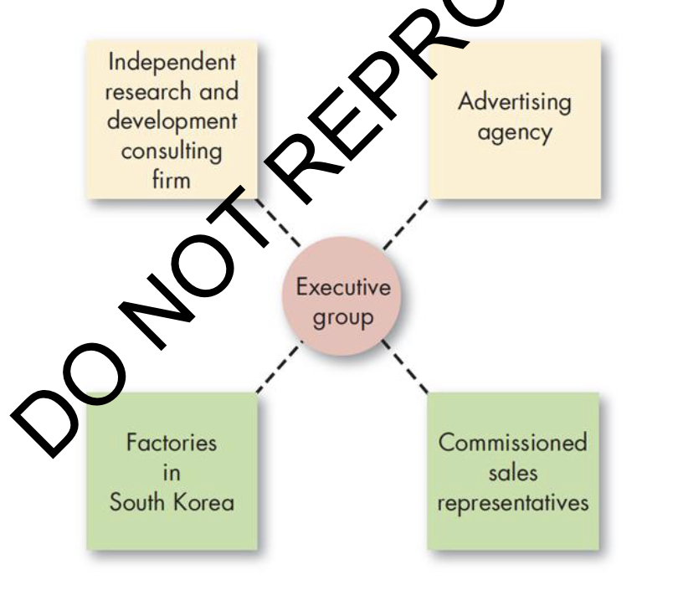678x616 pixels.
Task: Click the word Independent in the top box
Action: [172, 62]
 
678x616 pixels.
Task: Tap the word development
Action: [172, 121]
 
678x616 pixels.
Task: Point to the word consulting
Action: [172, 151]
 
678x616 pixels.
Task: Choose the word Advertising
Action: [514, 103]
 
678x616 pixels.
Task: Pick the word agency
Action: [515, 133]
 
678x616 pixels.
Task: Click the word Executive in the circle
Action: [343, 288]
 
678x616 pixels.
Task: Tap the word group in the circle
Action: [343, 319]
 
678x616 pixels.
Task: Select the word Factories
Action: [172, 443]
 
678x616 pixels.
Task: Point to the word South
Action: [141, 503]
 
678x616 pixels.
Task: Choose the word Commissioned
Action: [513, 443]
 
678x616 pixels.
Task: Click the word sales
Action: [512, 473]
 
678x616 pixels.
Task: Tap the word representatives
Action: [513, 503]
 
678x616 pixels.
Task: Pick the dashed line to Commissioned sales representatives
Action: [405, 369]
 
